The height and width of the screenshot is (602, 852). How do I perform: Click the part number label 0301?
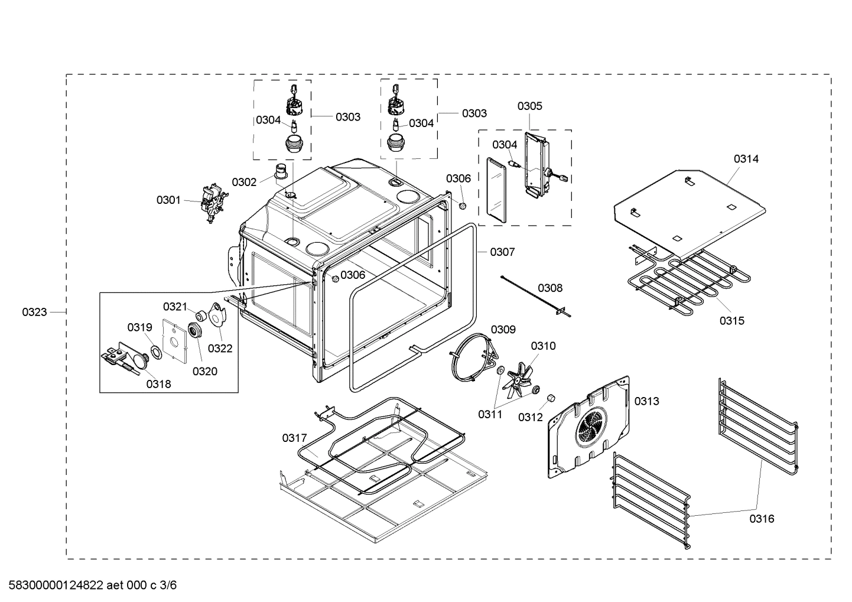click(168, 200)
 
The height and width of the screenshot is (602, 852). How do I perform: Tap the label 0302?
click(244, 182)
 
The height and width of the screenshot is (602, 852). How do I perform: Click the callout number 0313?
click(646, 401)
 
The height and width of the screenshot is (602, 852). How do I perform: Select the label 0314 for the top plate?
click(746, 158)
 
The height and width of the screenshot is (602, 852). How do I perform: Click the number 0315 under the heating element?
click(731, 321)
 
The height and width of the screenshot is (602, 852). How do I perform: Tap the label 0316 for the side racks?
click(762, 519)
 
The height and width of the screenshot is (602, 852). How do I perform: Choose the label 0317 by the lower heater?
click(294, 438)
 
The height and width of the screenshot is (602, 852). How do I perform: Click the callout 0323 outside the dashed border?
click(34, 312)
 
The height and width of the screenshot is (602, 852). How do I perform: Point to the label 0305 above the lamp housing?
click(529, 106)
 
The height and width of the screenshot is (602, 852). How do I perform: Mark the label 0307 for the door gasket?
click(502, 252)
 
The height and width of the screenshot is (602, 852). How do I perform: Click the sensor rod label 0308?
click(550, 288)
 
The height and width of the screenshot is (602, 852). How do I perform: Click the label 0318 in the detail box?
click(158, 384)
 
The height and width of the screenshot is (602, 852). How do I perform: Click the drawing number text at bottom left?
click(89, 585)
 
